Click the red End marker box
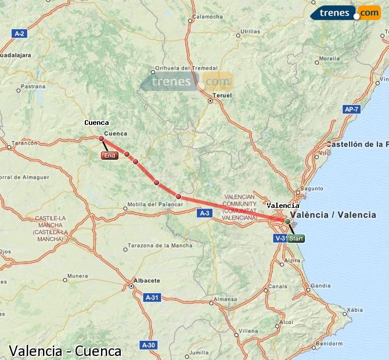pyautogui.click(x=109, y=156)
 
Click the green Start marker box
pyautogui.click(x=296, y=239)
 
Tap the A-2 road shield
pyautogui.click(x=19, y=34)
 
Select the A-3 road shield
pyautogui.click(x=204, y=214)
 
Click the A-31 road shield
pyautogui.click(x=152, y=297)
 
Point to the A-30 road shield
pyautogui.click(x=149, y=345)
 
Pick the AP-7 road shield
pyautogui.click(x=351, y=109)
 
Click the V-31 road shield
pyautogui.click(x=280, y=238)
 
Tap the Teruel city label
pyautogui.click(x=222, y=95)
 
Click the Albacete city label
pyautogui.click(x=146, y=280)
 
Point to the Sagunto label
pyautogui.click(x=312, y=188)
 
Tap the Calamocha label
pyautogui.click(x=207, y=17)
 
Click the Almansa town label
pyautogui.click(x=225, y=300)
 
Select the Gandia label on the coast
pyautogui.click(x=320, y=286)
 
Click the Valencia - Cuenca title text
pyautogui.click(x=65, y=351)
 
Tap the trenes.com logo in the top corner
pyautogui.click(x=345, y=12)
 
